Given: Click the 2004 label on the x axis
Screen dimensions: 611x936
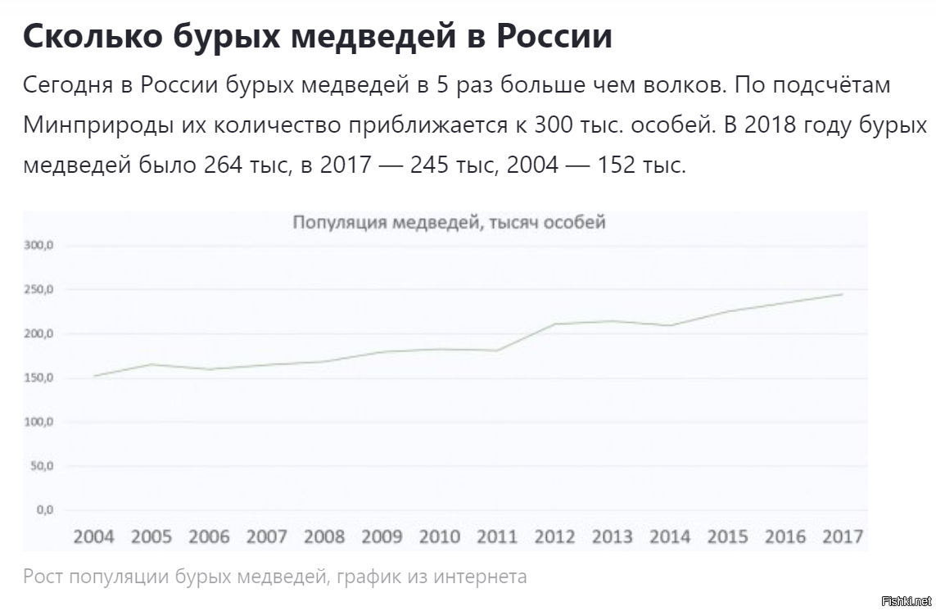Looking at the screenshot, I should pyautogui.click(x=94, y=536).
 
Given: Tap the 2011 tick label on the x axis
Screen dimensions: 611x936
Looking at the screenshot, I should pyautogui.click(x=497, y=536).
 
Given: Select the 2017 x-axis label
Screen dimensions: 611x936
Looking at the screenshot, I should pyautogui.click(x=843, y=536).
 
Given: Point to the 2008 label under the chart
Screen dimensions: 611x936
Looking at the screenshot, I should pyautogui.click(x=324, y=536).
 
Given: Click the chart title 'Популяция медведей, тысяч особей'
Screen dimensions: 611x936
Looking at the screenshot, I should pyautogui.click(x=450, y=222).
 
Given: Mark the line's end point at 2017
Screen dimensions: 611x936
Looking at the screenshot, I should pyautogui.click(x=843, y=294).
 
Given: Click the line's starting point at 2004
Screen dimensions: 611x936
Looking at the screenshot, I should pyautogui.click(x=94, y=376).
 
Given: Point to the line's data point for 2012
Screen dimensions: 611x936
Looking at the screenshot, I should pyautogui.click(x=554, y=324).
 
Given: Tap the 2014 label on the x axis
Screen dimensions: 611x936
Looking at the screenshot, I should pyautogui.click(x=670, y=536).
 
